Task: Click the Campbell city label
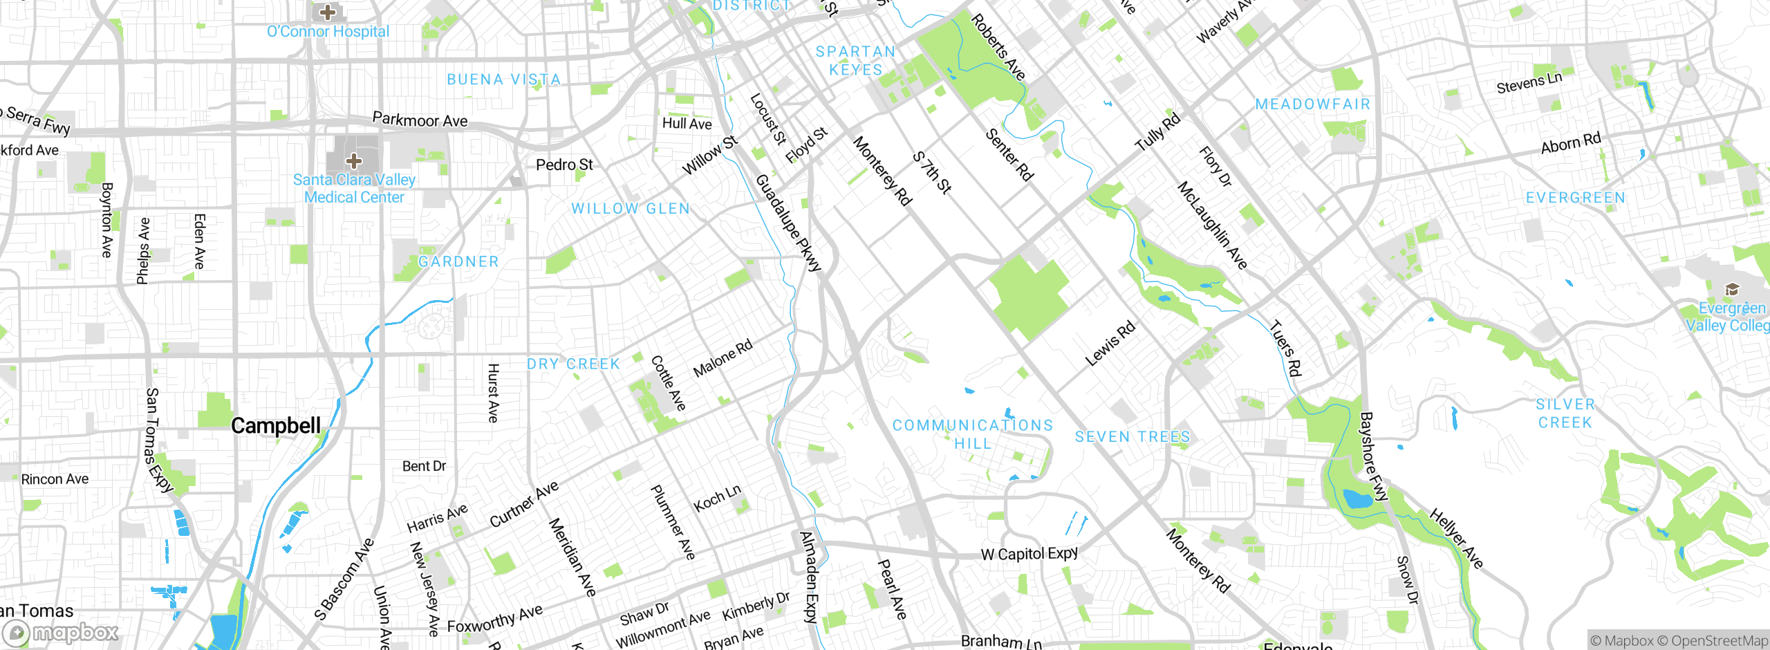point(276,426)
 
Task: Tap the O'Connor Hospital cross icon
point(328,12)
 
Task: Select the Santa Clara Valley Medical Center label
point(354,189)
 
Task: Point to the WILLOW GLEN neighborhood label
point(631,209)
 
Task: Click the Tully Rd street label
point(1157,132)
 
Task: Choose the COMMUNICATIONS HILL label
point(973,434)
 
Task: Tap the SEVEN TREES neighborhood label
point(1133,437)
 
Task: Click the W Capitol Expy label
point(1030,554)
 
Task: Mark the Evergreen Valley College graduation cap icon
point(1732,289)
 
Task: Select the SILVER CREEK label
point(1565,414)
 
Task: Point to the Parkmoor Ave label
point(420,120)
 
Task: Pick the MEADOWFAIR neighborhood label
point(1312,104)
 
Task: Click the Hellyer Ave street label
point(1456,539)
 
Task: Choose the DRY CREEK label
point(573,364)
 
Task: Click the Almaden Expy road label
point(809,577)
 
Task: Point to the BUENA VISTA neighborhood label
point(503,80)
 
